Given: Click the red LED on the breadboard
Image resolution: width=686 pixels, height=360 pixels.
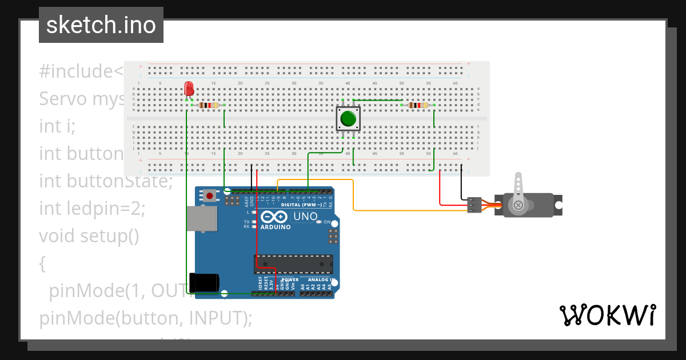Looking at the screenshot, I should (x=189, y=89).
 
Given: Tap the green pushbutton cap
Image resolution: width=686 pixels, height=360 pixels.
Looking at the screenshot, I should (x=348, y=119).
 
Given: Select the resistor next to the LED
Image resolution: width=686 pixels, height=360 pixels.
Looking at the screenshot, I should (x=208, y=105).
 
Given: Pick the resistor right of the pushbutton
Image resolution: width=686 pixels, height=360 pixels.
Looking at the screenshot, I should (x=418, y=105).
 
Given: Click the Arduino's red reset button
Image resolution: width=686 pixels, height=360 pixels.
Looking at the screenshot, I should (x=210, y=196).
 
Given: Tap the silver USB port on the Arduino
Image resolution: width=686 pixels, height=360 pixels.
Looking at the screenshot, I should (x=201, y=219).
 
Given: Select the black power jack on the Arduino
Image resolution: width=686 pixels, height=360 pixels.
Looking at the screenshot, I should (x=204, y=282).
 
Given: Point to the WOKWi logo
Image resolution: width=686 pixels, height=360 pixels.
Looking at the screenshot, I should (x=607, y=315).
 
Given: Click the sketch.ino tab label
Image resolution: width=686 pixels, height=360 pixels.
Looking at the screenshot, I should (x=101, y=25).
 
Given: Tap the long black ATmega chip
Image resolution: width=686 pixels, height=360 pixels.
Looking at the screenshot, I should (x=294, y=263).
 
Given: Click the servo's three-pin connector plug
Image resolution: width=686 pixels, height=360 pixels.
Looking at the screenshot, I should (x=473, y=205).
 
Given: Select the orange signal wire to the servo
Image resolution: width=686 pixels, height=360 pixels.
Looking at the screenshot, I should (x=400, y=210).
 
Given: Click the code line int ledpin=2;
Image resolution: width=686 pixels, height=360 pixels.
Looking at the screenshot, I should (x=92, y=209).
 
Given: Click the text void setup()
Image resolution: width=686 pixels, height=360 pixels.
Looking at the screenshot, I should (x=89, y=235).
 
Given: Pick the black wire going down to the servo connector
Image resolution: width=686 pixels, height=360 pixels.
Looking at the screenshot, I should (x=461, y=183).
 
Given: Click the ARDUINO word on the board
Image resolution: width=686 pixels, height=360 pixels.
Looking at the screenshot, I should (x=276, y=226).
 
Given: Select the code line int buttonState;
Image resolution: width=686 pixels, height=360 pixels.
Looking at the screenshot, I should (x=106, y=181).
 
